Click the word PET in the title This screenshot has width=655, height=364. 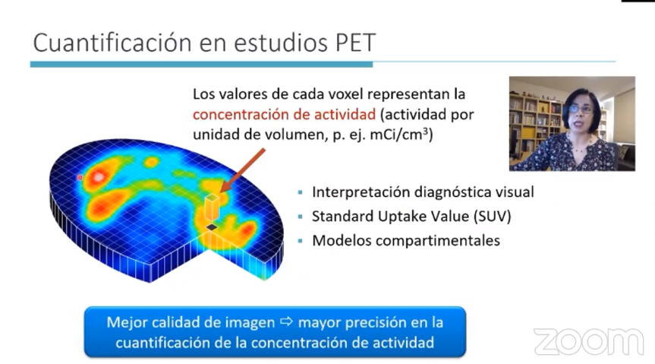pos(356,43)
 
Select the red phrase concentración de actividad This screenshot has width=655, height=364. pos(284,114)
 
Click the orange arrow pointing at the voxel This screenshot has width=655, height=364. pos(242,170)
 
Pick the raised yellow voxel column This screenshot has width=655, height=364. pos(212,207)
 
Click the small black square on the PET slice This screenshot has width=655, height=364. pos(212,226)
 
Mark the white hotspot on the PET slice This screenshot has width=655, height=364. pos(99,177)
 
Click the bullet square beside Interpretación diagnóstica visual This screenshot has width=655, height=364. pos(300,192)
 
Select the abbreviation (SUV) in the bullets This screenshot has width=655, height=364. pos(492,217)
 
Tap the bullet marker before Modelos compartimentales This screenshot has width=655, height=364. pos(300,241)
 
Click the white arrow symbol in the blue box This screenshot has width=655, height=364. pos(287,321)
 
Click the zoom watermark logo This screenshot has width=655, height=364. pos(588,341)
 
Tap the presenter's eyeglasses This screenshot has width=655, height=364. pos(580,109)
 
